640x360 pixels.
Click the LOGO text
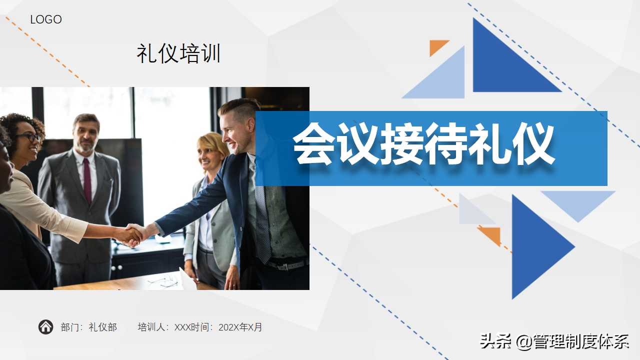coord(46,20)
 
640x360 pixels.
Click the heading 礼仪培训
coord(178,54)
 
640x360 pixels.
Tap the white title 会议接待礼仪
coord(423,145)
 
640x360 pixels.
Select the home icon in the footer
coord(45,327)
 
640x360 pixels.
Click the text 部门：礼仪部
coord(89,327)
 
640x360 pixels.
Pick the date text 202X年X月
coord(240,327)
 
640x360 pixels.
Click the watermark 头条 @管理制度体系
coord(554,341)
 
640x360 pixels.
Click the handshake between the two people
coord(132,234)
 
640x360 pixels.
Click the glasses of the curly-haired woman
coord(30,136)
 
